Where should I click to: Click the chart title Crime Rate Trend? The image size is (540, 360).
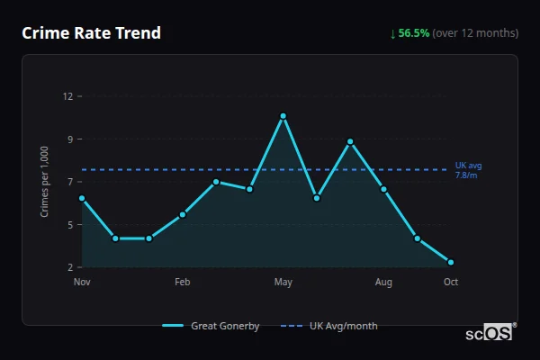(x=91, y=33)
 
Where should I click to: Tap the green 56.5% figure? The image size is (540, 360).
(x=414, y=33)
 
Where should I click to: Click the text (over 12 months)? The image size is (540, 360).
(x=475, y=33)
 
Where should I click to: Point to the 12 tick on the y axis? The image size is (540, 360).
(x=68, y=96)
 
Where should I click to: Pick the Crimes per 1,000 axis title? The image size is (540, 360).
(x=45, y=181)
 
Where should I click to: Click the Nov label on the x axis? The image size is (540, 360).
(x=82, y=283)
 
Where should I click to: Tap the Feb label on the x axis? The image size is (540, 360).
(x=183, y=283)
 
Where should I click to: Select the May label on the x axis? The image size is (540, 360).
(x=283, y=283)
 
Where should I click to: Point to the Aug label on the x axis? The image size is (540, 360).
(x=383, y=283)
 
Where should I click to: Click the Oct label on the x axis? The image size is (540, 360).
(x=451, y=283)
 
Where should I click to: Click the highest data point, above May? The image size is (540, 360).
(x=283, y=116)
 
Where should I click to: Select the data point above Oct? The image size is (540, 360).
(x=451, y=262)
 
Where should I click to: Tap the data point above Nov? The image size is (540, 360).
(x=82, y=198)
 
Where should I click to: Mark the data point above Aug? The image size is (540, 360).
(x=383, y=189)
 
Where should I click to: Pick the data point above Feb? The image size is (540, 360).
(x=183, y=214)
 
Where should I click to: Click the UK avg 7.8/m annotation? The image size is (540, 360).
(x=469, y=170)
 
